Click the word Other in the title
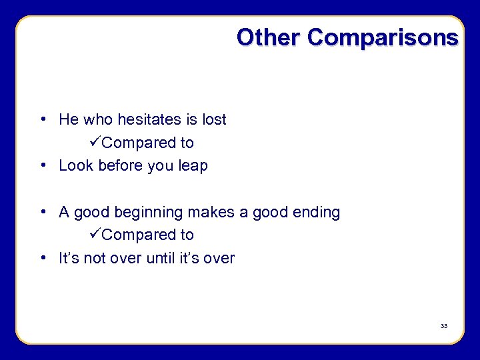[x=269, y=37]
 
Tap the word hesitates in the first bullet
[x=150, y=119]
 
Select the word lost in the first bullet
[x=215, y=119]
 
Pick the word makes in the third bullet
[x=209, y=213]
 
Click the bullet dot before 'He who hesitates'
[x=42, y=120]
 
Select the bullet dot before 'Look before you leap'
[x=42, y=166]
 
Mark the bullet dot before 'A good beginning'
[x=42, y=213]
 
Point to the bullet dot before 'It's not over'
[x=42, y=258]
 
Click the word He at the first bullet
[x=68, y=119]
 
